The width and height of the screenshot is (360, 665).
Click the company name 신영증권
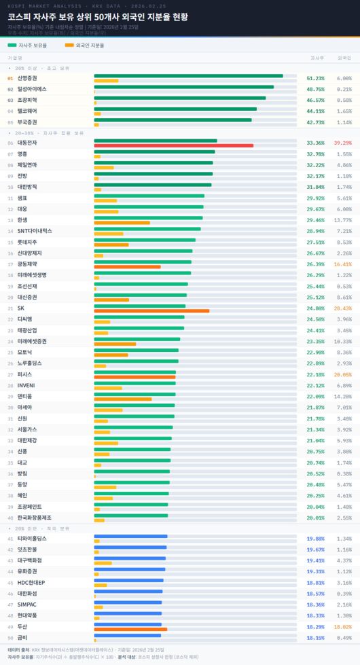click(28, 78)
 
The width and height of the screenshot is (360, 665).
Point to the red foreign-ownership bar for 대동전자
click(173, 145)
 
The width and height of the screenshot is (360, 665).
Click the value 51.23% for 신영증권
click(315, 78)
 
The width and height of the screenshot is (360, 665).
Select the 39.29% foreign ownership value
click(342, 143)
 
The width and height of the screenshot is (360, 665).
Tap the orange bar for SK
click(151, 311)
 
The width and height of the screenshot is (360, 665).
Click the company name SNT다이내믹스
click(35, 231)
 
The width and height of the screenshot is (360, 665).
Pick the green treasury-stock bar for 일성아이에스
click(183, 87)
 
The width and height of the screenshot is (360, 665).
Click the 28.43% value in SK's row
click(342, 308)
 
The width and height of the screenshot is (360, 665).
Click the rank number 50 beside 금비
click(10, 638)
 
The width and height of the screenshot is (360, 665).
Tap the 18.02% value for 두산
click(342, 626)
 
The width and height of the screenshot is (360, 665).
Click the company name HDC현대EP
click(31, 582)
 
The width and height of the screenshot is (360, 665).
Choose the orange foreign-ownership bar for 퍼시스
click(134, 377)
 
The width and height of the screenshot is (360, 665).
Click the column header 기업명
click(15, 58)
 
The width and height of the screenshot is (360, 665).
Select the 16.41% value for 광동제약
click(342, 264)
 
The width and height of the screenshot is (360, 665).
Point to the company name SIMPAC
click(27, 605)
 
